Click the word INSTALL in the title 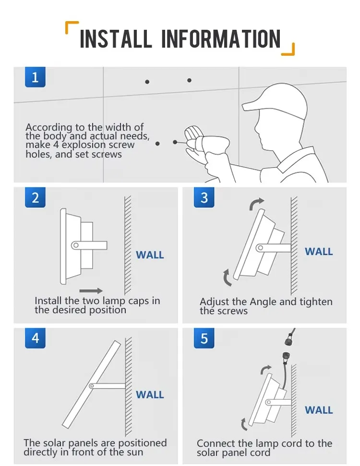click(x=116, y=39)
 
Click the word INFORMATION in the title click(x=221, y=39)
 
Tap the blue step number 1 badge click(x=35, y=77)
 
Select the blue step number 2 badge click(x=35, y=197)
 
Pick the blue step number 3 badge click(x=204, y=197)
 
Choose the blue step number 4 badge click(x=35, y=338)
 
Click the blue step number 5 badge click(x=204, y=338)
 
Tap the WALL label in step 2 click(x=150, y=255)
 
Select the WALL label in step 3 click(x=319, y=251)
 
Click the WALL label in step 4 click(x=150, y=395)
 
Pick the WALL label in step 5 click(x=319, y=410)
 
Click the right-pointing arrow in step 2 click(x=91, y=290)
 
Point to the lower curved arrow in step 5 click(x=245, y=423)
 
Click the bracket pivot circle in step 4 click(x=91, y=385)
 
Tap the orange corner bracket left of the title click(x=72, y=28)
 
